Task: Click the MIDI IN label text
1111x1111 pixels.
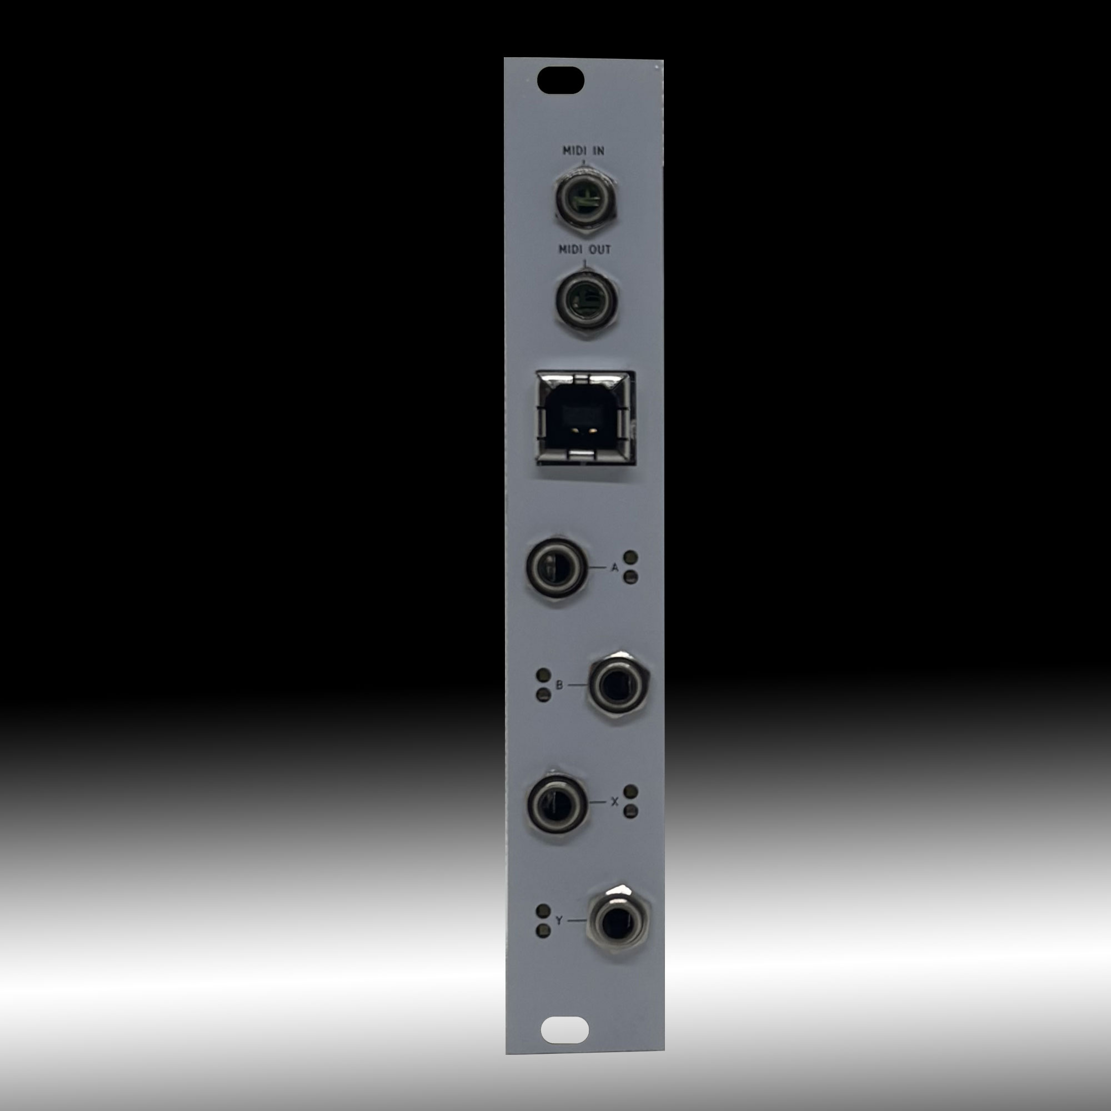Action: tap(583, 151)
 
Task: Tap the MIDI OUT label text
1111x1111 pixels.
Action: tap(585, 250)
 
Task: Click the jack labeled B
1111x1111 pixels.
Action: tap(618, 687)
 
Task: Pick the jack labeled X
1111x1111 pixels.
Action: tap(557, 803)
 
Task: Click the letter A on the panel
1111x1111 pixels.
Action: tap(615, 568)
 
